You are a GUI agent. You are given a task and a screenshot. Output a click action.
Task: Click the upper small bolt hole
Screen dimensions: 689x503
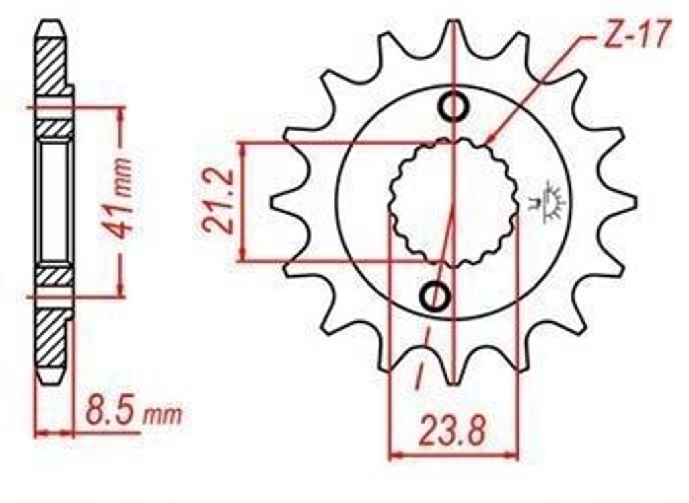[454, 106]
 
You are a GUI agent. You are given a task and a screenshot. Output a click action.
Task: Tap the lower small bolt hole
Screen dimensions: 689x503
[435, 294]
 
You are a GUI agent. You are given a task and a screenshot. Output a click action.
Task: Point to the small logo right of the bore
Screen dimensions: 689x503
[549, 201]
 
